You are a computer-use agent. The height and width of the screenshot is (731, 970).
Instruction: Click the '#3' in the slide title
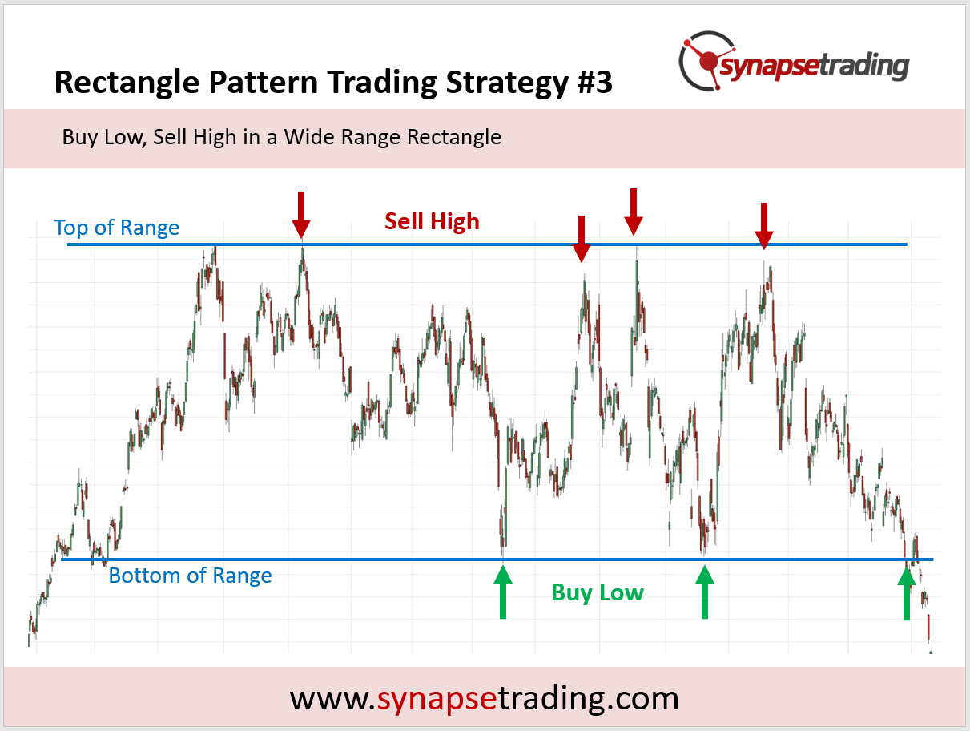point(595,83)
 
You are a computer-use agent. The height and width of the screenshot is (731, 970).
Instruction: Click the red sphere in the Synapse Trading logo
point(708,62)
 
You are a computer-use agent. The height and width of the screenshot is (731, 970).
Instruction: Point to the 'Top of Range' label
point(117,228)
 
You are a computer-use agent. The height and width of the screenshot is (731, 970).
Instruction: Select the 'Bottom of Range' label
point(190,576)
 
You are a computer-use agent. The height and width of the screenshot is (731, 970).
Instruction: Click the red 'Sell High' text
point(432,221)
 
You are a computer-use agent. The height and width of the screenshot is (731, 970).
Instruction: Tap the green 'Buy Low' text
point(598,592)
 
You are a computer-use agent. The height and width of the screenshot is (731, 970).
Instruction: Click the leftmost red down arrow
point(301,216)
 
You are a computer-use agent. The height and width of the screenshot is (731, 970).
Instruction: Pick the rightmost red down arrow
point(764,226)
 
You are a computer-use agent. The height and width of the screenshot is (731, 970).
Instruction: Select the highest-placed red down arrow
point(634,212)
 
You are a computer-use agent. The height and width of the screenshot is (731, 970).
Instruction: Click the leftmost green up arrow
point(503,592)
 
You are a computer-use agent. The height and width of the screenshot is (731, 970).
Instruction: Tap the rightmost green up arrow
point(907,593)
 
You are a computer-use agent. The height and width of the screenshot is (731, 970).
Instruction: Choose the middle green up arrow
point(705,592)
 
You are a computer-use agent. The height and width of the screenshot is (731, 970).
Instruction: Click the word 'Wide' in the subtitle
point(310,137)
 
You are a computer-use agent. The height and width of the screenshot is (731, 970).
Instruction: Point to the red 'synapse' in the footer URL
point(437,699)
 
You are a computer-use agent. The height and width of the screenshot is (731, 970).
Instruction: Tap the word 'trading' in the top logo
point(865,67)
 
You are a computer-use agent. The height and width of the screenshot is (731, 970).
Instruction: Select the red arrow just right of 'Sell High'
point(582,239)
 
